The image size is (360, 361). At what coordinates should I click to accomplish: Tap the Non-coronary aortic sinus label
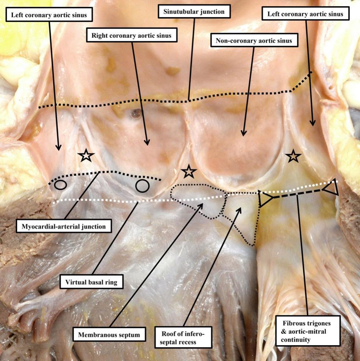point(253,41)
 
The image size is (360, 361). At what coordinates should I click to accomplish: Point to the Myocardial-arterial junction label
point(63,227)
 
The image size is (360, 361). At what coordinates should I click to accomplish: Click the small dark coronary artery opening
point(136,114)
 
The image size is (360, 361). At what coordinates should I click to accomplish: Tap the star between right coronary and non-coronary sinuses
point(189,171)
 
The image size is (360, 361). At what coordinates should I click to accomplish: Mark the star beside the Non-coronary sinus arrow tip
point(293,156)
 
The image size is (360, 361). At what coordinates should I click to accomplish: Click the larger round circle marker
point(141,186)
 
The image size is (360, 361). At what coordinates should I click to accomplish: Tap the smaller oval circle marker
point(60,185)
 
